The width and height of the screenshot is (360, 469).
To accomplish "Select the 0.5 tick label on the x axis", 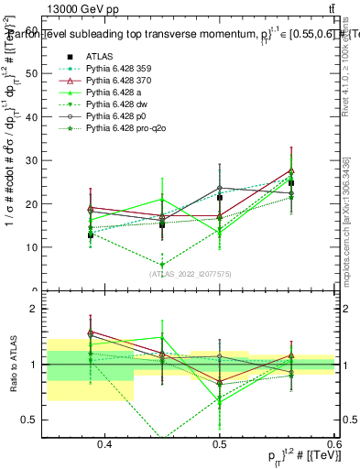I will tap(219, 444).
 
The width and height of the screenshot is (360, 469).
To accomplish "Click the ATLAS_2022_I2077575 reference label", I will tap(191, 274).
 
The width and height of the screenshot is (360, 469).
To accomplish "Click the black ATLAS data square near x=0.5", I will tap(219, 223).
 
